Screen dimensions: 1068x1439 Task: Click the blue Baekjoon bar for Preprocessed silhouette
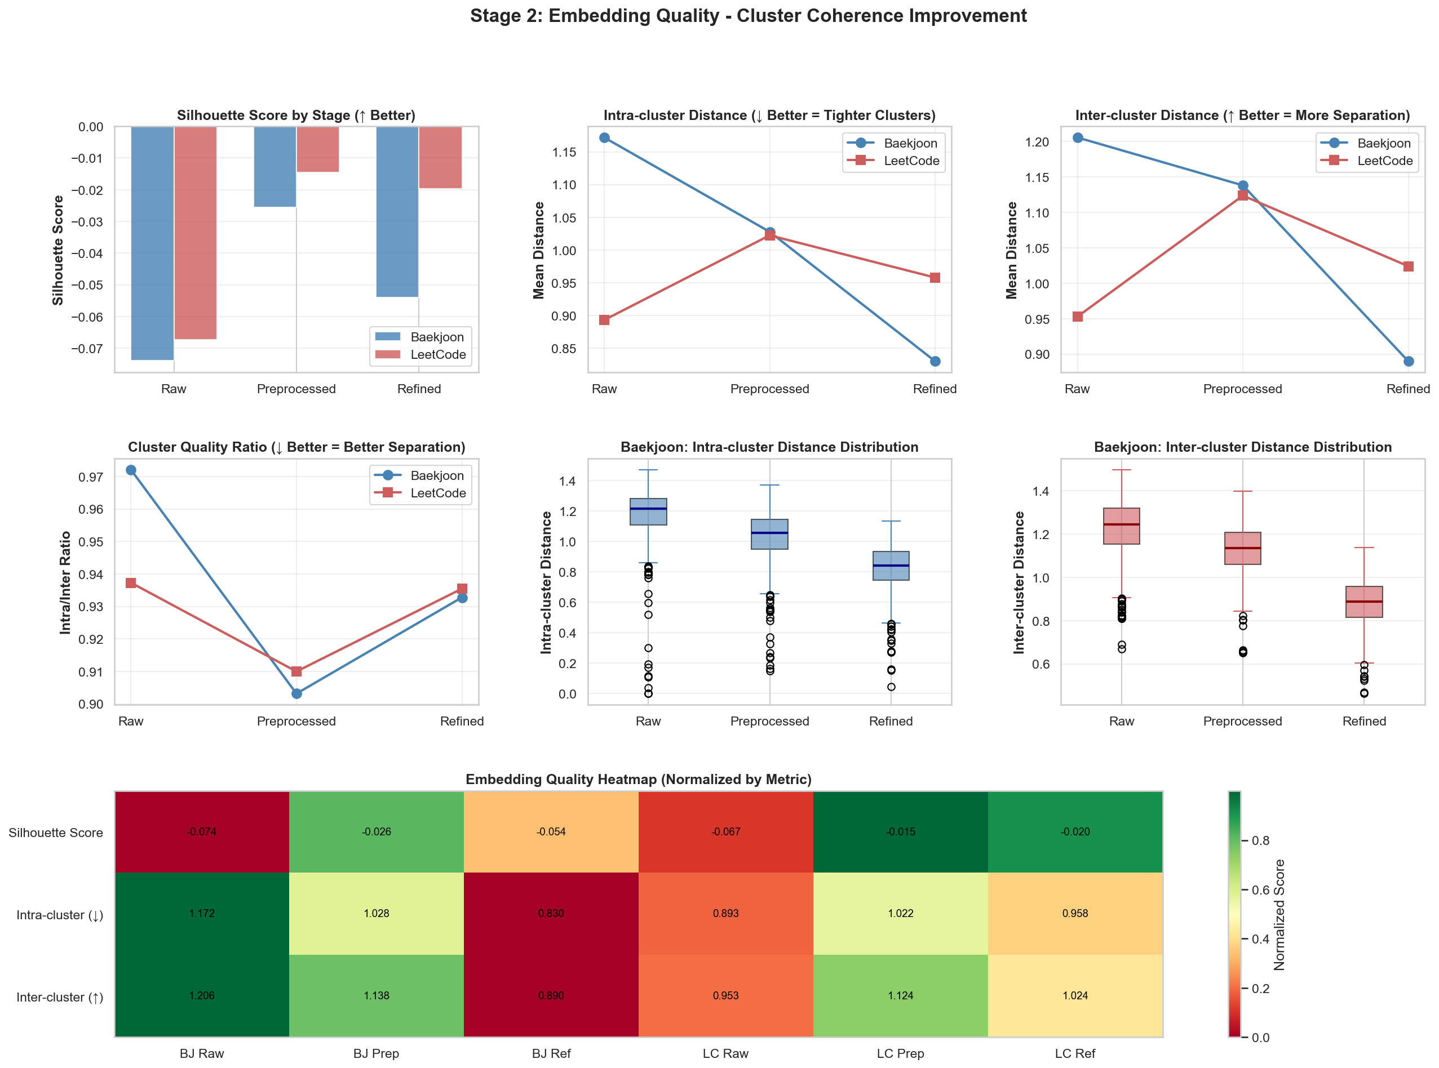coord(275,167)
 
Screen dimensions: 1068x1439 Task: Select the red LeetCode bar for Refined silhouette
coord(440,158)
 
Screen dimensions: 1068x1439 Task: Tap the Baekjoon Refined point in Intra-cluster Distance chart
coord(935,362)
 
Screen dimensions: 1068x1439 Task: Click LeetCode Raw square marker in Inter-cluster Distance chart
coord(1078,317)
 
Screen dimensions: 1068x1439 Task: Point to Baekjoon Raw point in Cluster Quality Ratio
coord(131,470)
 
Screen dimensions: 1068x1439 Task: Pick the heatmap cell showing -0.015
coord(900,832)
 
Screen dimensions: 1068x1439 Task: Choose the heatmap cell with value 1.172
coord(202,914)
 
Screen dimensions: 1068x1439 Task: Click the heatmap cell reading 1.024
coord(1075,995)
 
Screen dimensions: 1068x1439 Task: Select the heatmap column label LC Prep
coord(900,1054)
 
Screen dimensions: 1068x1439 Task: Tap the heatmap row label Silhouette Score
coord(56,833)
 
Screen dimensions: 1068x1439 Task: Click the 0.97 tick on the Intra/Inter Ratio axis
coord(91,478)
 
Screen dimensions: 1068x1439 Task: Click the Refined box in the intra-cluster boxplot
coord(891,566)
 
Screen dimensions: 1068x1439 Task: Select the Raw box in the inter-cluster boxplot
coord(1122,526)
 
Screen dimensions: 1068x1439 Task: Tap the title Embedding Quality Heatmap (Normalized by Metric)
coord(638,779)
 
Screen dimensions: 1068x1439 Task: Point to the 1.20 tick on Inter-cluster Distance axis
coord(1037,142)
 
